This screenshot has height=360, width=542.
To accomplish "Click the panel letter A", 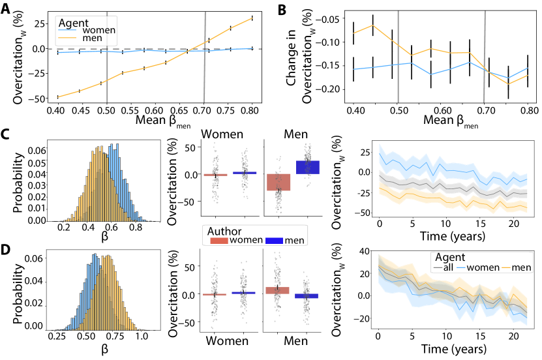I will tap(6, 8).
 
